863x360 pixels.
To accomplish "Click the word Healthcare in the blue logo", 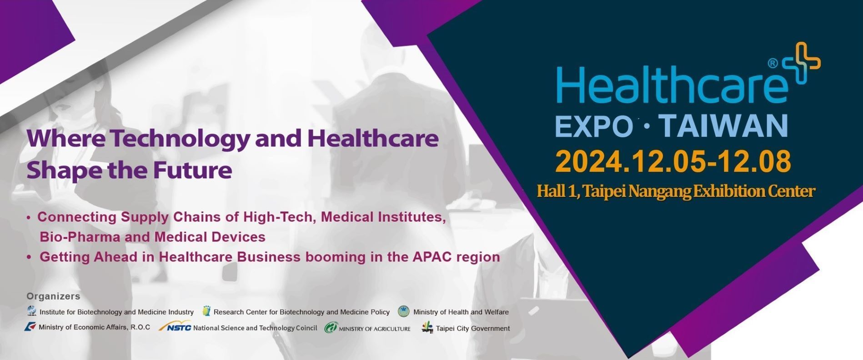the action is pos(672,85).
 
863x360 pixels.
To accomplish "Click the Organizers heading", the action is pos(53,296).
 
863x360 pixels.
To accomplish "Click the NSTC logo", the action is pos(175,326).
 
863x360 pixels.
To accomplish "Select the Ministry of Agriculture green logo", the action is pos(331,328).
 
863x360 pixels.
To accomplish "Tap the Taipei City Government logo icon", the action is pos(427,327).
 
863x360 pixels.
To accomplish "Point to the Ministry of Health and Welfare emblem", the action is pos(403,311).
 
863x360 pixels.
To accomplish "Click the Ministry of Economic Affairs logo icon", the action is pos(30,326).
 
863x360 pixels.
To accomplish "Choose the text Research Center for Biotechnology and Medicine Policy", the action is pos(301,312).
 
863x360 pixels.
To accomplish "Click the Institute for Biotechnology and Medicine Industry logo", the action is pos(32,311).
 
